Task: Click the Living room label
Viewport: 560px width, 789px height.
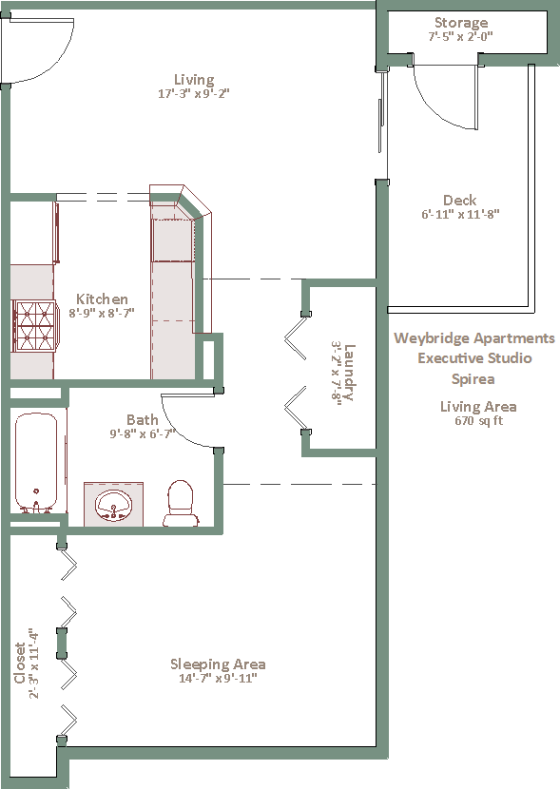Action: pyautogui.click(x=194, y=80)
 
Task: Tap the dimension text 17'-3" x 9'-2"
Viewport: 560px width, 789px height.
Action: pyautogui.click(x=194, y=93)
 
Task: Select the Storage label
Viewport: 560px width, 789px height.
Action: pyautogui.click(x=461, y=23)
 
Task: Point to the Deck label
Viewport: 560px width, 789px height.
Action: pyautogui.click(x=460, y=201)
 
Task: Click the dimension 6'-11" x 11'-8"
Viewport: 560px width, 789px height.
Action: pyautogui.click(x=460, y=214)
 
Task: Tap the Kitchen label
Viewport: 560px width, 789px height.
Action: pyautogui.click(x=102, y=298)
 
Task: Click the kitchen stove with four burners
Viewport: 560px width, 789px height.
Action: pyautogui.click(x=34, y=326)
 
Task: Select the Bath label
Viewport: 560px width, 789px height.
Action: pyautogui.click(x=143, y=419)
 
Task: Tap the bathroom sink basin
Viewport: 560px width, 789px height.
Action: pyautogui.click(x=114, y=505)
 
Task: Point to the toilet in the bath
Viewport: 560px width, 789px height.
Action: pyautogui.click(x=181, y=503)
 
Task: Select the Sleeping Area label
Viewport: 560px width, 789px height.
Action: pyautogui.click(x=218, y=664)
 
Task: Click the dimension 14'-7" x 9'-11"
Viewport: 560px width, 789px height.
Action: pyautogui.click(x=218, y=679)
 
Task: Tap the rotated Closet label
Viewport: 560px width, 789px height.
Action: pyautogui.click(x=20, y=663)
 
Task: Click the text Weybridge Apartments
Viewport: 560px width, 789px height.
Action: pyautogui.click(x=474, y=338)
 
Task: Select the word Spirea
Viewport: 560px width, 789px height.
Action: pyautogui.click(x=473, y=379)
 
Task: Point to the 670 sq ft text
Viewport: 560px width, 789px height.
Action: pyautogui.click(x=478, y=421)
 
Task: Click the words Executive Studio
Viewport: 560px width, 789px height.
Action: pyautogui.click(x=475, y=358)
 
